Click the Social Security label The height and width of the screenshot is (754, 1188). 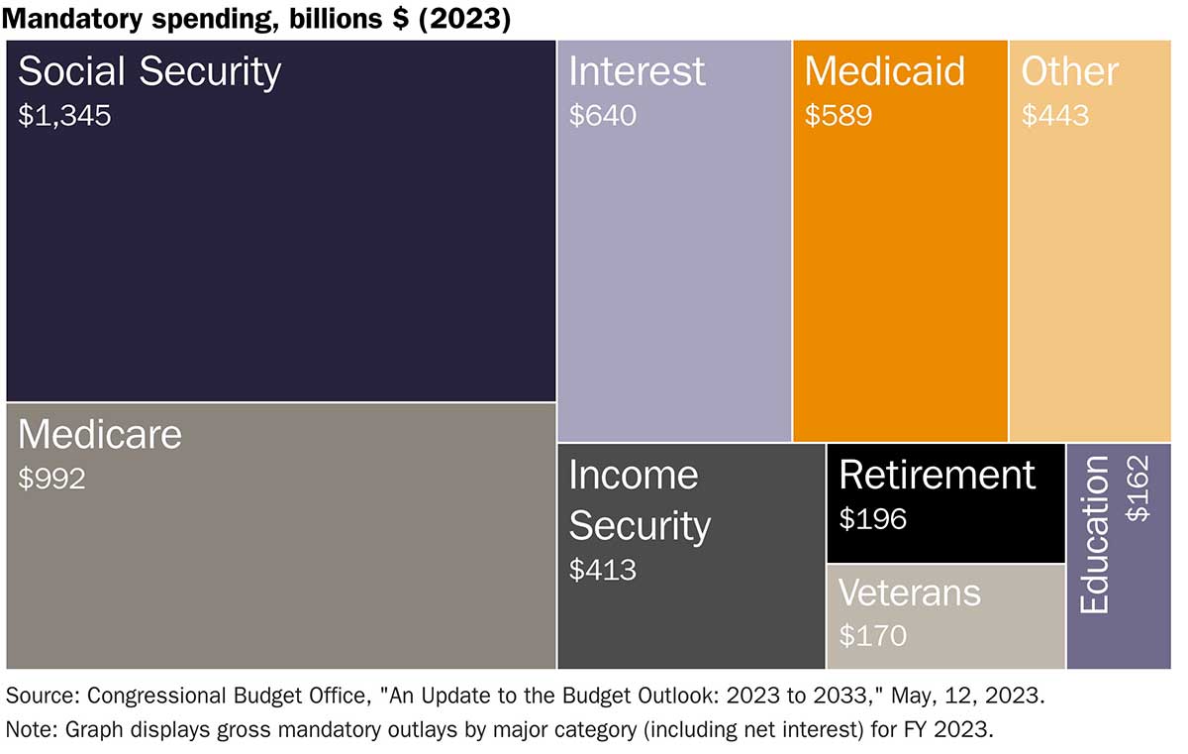(149, 72)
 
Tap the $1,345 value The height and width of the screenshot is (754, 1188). (64, 116)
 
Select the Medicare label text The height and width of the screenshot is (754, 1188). (100, 435)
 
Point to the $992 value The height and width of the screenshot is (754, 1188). (51, 480)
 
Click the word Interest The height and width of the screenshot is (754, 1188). (637, 71)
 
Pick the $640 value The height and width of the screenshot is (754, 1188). (602, 116)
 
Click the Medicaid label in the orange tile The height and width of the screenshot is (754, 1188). (884, 71)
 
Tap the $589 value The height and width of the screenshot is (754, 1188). (838, 116)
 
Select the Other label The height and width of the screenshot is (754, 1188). (1069, 71)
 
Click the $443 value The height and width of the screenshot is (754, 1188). (1054, 116)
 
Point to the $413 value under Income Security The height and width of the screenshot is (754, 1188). (602, 570)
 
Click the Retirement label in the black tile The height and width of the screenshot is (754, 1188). (937, 475)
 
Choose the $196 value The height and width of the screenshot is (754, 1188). (872, 518)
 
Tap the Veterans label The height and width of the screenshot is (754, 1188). (909, 592)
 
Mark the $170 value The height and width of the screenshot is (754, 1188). (872, 635)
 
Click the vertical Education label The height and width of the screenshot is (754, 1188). (1095, 535)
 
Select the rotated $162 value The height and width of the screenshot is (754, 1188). (1139, 488)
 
